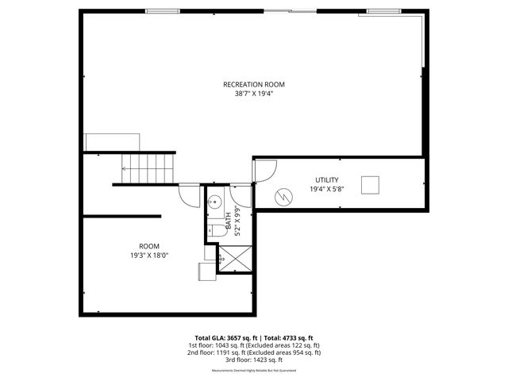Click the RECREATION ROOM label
tap(253, 84)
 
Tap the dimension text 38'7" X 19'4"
tap(253, 93)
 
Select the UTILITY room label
tap(326, 180)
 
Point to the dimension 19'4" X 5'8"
tap(326, 189)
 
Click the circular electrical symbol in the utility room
tap(283, 195)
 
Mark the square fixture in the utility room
tap(371, 184)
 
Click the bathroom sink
tap(214, 202)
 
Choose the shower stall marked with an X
tap(235, 259)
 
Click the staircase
tap(148, 167)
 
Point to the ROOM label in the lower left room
tap(149, 246)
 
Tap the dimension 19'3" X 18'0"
tap(149, 255)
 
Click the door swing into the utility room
tap(264, 171)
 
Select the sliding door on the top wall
tap(289, 10)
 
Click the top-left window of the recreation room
tap(161, 10)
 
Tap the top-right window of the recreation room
tap(383, 10)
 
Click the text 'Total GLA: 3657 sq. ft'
tap(224, 337)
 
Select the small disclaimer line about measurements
tap(253, 371)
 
